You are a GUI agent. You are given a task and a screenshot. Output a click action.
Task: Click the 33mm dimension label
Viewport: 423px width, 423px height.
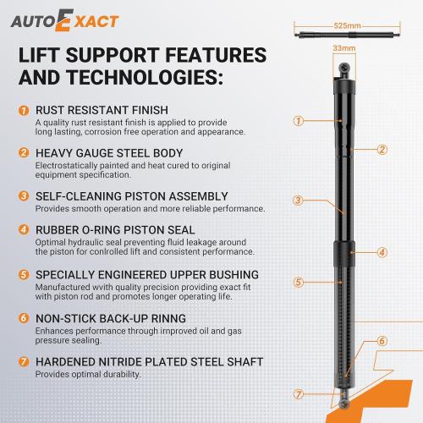341,47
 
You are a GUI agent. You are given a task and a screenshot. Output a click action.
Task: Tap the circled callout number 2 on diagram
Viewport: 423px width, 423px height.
382,150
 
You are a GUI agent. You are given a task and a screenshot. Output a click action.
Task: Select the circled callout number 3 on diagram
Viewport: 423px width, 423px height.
298,201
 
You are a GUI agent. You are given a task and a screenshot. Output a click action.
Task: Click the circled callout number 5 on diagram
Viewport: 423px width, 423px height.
298,282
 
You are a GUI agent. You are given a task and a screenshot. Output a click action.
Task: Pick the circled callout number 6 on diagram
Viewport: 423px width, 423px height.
382,341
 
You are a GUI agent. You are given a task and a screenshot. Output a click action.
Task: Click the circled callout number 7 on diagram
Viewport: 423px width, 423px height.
298,393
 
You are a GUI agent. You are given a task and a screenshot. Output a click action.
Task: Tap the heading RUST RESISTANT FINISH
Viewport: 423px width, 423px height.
101,110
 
